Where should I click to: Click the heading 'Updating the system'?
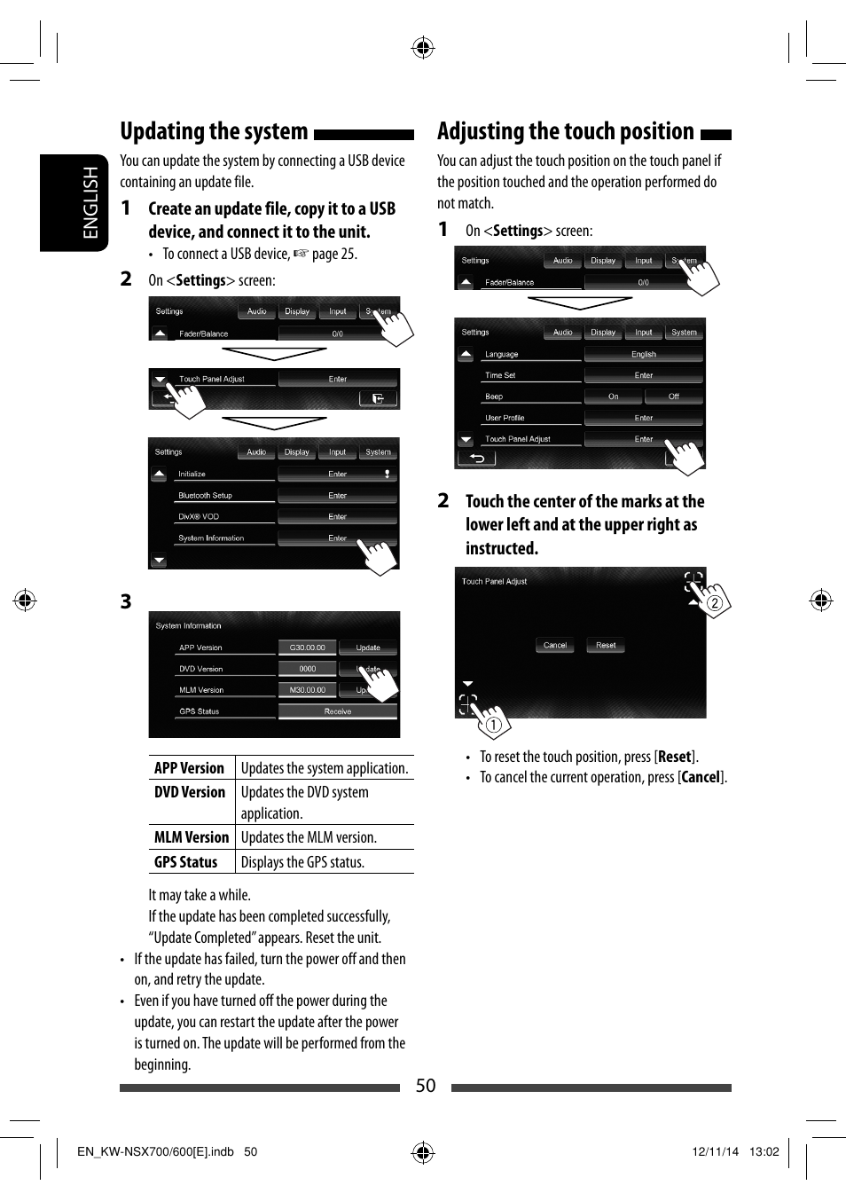214,132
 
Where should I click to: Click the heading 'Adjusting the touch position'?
565,132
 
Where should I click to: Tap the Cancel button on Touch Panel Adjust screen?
555,645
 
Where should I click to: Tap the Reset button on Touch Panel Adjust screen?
606,645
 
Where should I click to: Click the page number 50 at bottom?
426,1086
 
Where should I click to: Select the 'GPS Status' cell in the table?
186,861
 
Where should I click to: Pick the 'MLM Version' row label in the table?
192,836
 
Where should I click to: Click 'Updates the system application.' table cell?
325,768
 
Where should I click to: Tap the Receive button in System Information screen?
337,711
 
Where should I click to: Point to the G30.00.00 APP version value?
307,648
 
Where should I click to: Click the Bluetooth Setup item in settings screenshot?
206,496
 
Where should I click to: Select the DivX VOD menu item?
199,516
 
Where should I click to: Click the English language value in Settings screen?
643,354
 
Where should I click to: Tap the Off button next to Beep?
673,396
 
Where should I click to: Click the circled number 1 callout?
494,725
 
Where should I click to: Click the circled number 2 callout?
714,603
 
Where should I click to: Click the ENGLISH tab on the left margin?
90,203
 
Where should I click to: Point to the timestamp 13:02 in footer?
764,1151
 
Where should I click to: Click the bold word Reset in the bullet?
674,757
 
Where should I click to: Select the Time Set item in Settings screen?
500,375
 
